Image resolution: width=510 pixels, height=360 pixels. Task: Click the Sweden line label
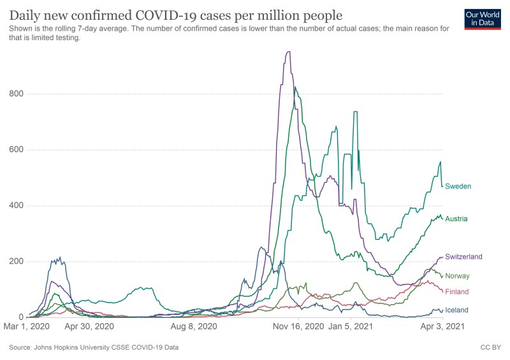[458, 186]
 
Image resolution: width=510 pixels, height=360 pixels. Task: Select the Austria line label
[456, 219]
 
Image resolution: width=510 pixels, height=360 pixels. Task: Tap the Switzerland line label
[463, 256]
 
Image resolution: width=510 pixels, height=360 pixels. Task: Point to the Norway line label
[457, 276]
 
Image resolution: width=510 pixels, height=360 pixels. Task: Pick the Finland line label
[457, 292]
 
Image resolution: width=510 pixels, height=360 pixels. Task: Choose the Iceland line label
[457, 310]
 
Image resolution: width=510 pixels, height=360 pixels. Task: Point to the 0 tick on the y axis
[20, 317]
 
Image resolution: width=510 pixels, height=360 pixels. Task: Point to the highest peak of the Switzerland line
[289, 52]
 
